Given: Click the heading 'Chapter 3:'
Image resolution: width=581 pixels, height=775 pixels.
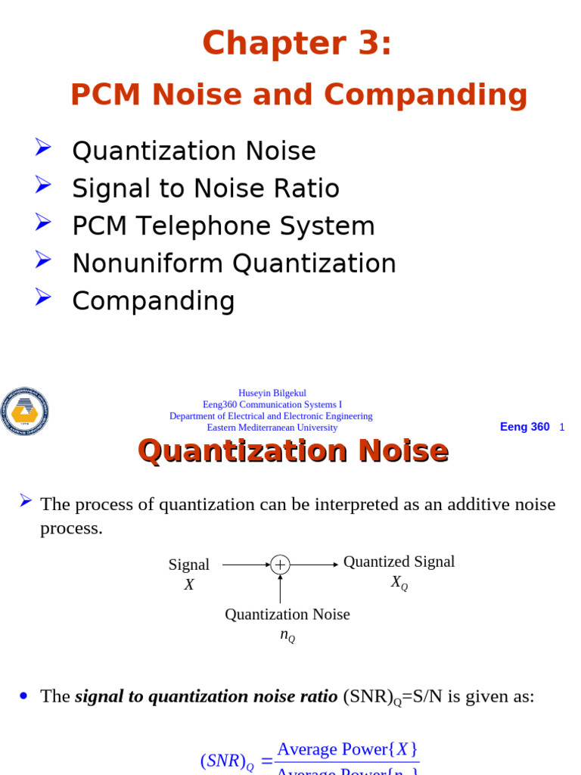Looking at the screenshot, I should point(297,43).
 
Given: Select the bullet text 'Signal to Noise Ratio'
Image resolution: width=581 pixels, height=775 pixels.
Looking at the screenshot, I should point(206,188).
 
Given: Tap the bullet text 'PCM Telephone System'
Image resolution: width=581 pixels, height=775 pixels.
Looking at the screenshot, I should point(223,226).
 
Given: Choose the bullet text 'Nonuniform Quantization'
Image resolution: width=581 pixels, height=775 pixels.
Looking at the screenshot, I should point(234,263).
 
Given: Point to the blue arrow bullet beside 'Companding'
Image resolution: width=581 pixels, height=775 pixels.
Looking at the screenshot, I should point(42,297).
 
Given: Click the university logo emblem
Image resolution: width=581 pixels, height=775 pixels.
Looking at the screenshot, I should point(24,411).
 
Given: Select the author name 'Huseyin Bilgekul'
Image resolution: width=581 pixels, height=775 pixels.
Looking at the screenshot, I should point(272,393).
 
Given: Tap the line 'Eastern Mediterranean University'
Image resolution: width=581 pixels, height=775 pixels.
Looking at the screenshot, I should point(272,428).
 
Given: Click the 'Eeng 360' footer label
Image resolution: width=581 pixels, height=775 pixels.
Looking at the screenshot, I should point(524,427).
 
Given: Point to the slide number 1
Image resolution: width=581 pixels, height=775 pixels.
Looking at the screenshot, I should point(562,428).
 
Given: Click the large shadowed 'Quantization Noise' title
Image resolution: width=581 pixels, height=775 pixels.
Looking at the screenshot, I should point(293,451).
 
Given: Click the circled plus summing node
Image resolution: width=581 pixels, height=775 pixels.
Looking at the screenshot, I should point(280,565).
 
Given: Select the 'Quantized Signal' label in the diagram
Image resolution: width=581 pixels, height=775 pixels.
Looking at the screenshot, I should point(399,562).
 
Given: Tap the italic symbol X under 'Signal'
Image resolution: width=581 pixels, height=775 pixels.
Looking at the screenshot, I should point(189,584).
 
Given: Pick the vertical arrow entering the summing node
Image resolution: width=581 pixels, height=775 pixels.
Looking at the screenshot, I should point(280,589).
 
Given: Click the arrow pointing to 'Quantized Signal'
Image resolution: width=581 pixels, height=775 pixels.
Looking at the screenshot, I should point(314,565).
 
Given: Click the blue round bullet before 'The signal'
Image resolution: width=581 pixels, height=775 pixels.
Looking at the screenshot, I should point(23,696).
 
